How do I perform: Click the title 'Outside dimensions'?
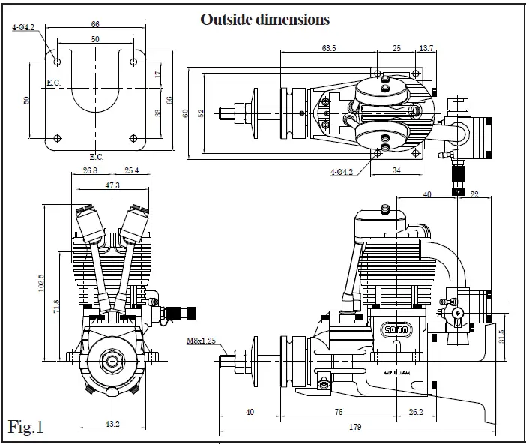point(264,20)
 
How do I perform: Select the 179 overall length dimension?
point(356,427)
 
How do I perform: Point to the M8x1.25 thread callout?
point(201,339)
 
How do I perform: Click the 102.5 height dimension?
point(42,285)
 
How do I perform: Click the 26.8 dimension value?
point(90,170)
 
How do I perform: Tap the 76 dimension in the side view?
point(339,410)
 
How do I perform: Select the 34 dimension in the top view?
point(396,170)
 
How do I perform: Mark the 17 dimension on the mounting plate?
point(157,74)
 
